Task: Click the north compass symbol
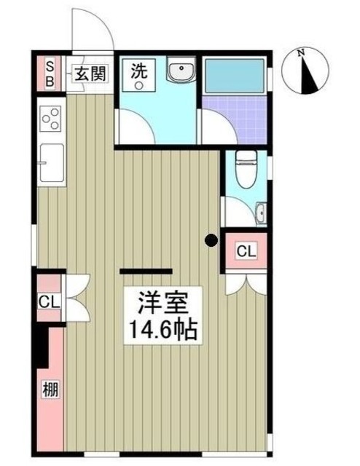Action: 310,71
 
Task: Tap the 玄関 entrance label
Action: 88,74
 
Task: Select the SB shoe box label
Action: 50,74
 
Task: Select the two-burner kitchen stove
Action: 52,117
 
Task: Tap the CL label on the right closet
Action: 246,252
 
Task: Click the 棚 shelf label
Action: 49,389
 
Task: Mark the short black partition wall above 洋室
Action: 146,271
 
